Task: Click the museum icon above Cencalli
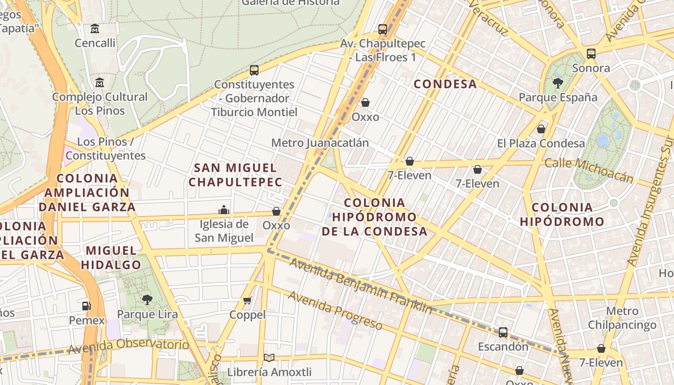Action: coord(95,29)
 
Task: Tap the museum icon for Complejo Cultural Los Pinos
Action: coord(100,82)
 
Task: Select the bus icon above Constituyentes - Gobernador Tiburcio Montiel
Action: coord(254,70)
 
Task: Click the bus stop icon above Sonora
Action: coord(591,53)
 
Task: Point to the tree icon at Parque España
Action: coord(558,83)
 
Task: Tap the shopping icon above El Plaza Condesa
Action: coord(541,129)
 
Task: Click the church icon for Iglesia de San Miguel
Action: coord(224,210)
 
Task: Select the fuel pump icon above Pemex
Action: coord(87,306)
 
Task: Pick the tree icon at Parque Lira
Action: coord(147,300)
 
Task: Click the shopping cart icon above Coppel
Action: coord(247,301)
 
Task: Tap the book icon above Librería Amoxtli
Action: coord(269,358)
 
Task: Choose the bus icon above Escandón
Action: coord(503,332)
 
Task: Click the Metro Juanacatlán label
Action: coord(320,143)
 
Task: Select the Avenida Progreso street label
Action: coord(335,310)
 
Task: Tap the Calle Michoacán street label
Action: coord(589,170)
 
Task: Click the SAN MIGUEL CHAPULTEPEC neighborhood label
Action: coord(235,175)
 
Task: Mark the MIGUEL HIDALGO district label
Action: coord(111,257)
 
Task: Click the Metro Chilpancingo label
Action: coord(622,318)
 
